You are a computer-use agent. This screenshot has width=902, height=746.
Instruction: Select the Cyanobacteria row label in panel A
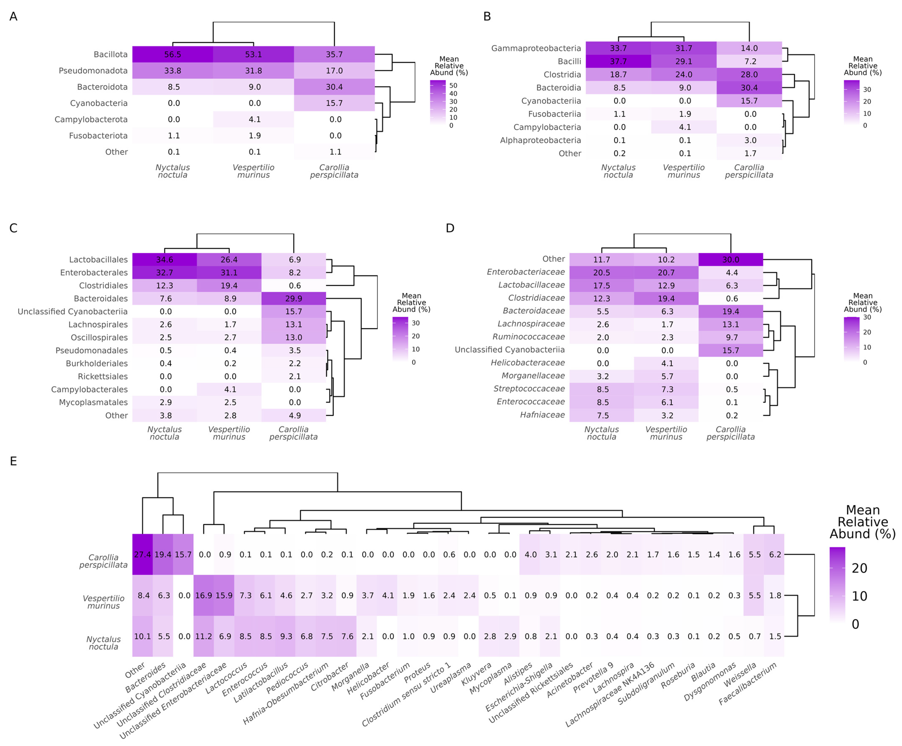click(99, 103)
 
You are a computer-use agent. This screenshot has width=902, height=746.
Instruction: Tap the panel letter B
click(487, 16)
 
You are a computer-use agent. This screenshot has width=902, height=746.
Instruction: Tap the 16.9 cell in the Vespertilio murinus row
click(204, 595)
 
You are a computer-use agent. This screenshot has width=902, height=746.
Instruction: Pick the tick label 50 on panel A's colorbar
click(453, 85)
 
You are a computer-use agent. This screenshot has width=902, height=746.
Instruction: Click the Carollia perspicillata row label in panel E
click(103, 561)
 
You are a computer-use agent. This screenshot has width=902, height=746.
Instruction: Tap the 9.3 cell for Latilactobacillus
click(286, 636)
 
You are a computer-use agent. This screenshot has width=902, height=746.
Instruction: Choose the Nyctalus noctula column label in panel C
click(164, 433)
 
